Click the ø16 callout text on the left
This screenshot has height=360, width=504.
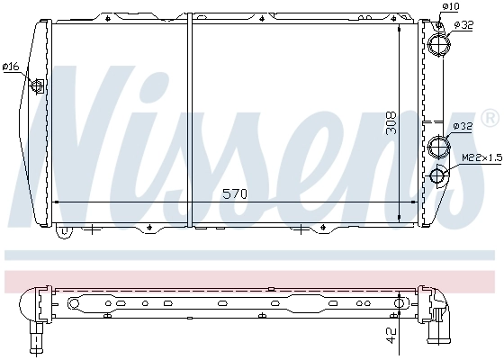(11, 66)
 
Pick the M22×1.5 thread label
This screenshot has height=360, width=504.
(482, 158)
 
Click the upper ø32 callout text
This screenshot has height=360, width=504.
(463, 24)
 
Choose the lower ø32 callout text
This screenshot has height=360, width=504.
(463, 126)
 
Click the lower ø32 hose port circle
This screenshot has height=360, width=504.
(439, 146)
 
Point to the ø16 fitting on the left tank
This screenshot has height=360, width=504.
(39, 86)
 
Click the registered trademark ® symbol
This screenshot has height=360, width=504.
(490, 117)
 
